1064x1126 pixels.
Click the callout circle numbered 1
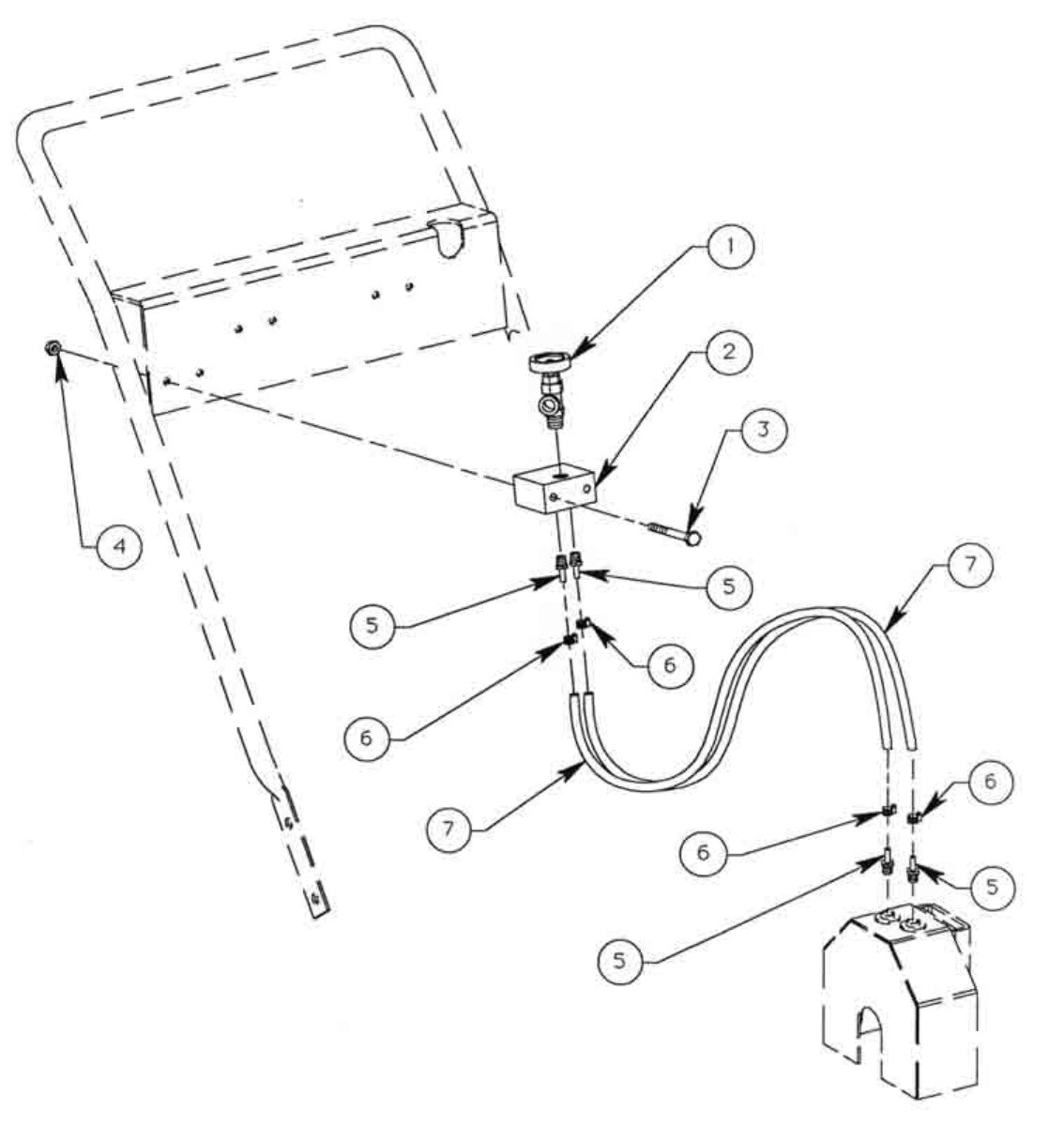[730, 248]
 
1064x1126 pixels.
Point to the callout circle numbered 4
[119, 545]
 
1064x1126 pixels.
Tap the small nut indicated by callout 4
[53, 349]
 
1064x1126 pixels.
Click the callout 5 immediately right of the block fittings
[728, 587]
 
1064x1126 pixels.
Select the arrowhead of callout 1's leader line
[570, 354]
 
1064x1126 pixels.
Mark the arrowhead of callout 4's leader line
[59, 359]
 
